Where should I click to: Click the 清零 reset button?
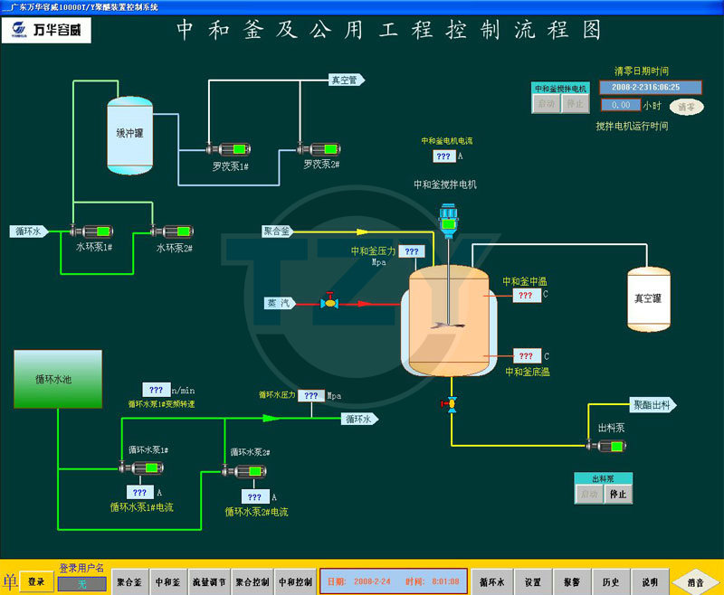[x=687, y=107]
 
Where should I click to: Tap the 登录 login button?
[x=35, y=581]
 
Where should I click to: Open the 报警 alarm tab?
[x=572, y=581]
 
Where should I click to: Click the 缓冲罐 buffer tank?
[x=130, y=136]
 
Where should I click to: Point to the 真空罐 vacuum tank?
[x=649, y=298]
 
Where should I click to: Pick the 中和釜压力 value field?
[x=411, y=252]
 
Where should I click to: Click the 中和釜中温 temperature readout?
[x=526, y=296]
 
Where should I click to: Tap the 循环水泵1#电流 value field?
[x=139, y=493]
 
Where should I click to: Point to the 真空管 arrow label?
[x=346, y=80]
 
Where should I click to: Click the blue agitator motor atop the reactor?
[x=448, y=218]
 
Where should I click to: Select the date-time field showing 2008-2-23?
[x=645, y=88]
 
